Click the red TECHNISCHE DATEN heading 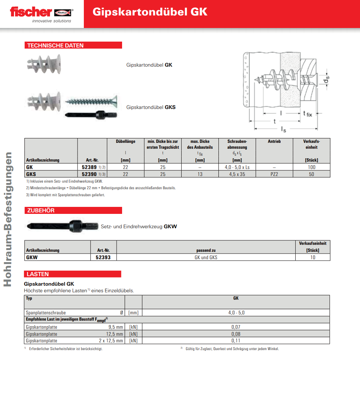click(56, 45)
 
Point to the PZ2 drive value click(274, 174)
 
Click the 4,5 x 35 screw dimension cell click(237, 174)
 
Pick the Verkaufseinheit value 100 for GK click(311, 167)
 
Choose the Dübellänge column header click(125, 141)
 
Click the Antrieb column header click(274, 141)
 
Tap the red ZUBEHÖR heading click(41, 210)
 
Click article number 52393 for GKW click(103, 257)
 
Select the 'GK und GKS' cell click(206, 257)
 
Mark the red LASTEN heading click(38, 274)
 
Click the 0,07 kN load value click(236, 327)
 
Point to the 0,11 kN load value click(236, 341)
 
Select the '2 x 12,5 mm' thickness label click(111, 341)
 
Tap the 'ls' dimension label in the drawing click(284, 129)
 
